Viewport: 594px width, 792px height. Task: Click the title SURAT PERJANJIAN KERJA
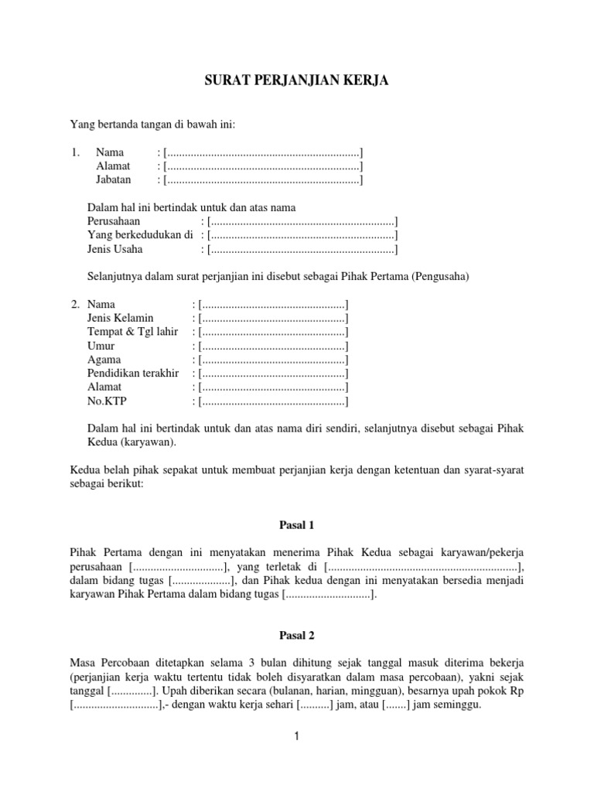click(x=296, y=81)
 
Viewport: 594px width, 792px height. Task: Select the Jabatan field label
click(x=114, y=179)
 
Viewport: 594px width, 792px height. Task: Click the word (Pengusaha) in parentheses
click(x=440, y=277)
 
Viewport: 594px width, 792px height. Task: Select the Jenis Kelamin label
click(x=120, y=318)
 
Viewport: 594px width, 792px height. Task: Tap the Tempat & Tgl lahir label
click(x=132, y=332)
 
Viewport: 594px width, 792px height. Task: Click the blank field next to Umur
click(x=273, y=346)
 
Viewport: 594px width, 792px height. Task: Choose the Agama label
click(x=104, y=360)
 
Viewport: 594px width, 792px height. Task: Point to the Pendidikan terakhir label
click(x=133, y=374)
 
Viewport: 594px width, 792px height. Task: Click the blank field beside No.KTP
click(x=273, y=401)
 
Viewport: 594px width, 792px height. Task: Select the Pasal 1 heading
click(x=296, y=525)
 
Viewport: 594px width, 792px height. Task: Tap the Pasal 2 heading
click(x=296, y=635)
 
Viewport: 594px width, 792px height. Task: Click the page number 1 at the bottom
click(x=296, y=737)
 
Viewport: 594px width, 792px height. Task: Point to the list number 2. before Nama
click(x=75, y=304)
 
